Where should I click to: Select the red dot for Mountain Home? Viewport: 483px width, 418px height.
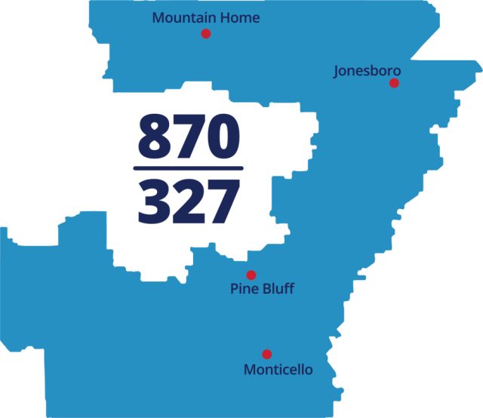205,34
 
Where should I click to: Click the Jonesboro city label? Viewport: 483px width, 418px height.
367,71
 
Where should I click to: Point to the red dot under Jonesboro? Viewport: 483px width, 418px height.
394,83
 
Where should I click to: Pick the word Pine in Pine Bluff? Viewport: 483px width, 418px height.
243,289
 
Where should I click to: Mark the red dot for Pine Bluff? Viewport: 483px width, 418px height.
251,275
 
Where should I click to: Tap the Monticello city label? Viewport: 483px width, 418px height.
278,370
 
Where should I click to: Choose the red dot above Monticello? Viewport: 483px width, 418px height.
266,354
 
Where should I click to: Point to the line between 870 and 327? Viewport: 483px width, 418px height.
189,168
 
